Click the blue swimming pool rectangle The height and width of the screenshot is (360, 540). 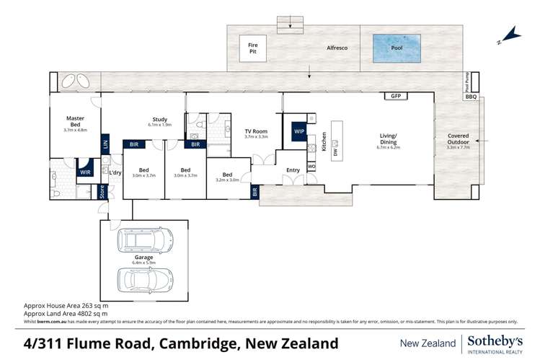coord(397,48)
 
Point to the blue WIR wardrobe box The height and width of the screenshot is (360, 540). coord(85,172)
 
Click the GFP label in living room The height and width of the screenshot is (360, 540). coord(395,96)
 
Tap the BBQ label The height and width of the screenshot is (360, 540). coord(471,97)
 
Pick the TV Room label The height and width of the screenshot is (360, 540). coord(256,133)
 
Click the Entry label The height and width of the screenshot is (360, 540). coord(293,170)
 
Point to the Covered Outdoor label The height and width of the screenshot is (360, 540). coord(458,139)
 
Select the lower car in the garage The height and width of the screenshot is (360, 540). coord(145,278)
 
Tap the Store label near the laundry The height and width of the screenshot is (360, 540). coord(102,192)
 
